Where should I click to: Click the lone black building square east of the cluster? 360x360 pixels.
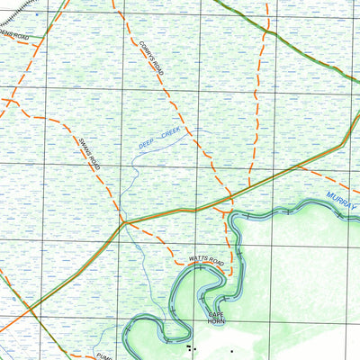231,350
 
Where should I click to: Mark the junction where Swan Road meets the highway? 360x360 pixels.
124,222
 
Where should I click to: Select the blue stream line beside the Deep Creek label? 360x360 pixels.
135,162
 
